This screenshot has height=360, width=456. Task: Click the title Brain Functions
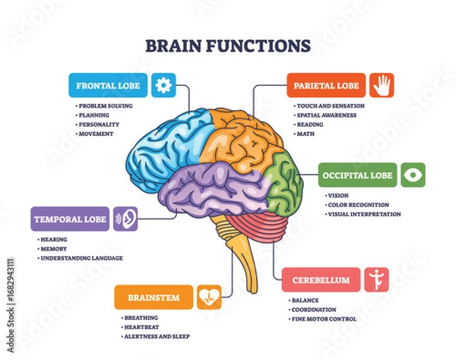point(227,45)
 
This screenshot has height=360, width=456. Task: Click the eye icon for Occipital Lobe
point(413,175)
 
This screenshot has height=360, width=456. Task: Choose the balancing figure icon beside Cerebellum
point(375,279)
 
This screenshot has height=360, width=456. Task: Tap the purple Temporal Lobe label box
point(70,219)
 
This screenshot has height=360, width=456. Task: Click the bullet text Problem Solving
point(106,106)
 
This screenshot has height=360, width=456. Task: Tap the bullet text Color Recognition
point(359,204)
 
